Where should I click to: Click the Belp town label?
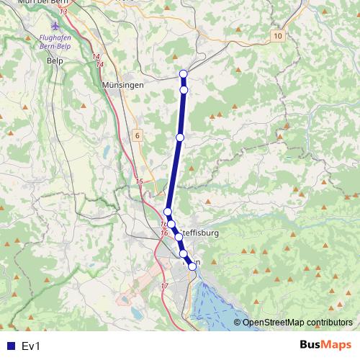[x=55, y=61]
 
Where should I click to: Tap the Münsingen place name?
[x=123, y=84]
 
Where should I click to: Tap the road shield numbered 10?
[x=279, y=35]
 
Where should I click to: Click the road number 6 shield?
[x=137, y=135]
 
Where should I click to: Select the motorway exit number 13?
[x=64, y=12]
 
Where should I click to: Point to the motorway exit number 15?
[x=140, y=181]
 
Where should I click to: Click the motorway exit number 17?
[x=164, y=286]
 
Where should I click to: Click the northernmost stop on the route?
[x=184, y=73]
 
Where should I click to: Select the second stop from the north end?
[x=184, y=90]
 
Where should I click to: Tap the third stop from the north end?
[x=180, y=137]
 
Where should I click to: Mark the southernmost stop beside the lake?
[x=192, y=267]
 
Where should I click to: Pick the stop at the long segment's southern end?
[x=167, y=212]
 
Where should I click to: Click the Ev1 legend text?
[x=31, y=346]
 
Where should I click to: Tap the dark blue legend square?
[x=9, y=346]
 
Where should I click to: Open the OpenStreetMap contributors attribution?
[x=297, y=323]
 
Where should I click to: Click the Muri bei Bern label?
[x=38, y=2]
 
